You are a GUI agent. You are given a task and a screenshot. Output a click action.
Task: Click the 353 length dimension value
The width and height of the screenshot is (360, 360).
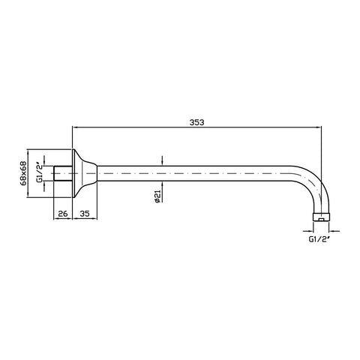coord(197,122)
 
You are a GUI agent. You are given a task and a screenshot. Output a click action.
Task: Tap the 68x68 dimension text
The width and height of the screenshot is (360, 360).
coord(23,173)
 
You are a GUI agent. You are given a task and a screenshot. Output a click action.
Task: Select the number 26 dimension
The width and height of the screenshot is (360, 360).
coord(63,214)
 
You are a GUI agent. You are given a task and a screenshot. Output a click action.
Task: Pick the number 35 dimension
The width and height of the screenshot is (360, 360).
coord(85,214)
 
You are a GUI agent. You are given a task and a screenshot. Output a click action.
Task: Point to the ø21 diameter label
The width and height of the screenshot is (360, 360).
coord(157,196)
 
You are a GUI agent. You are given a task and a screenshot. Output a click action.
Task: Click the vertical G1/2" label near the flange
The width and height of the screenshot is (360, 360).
coord(40,173)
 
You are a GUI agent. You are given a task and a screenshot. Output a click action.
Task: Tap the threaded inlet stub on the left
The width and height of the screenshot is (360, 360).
coord(63,173)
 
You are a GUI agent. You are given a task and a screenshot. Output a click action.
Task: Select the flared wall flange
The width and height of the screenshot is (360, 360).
coord(85,173)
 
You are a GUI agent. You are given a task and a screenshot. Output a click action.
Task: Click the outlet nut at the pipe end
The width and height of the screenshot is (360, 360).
coord(321,217)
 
